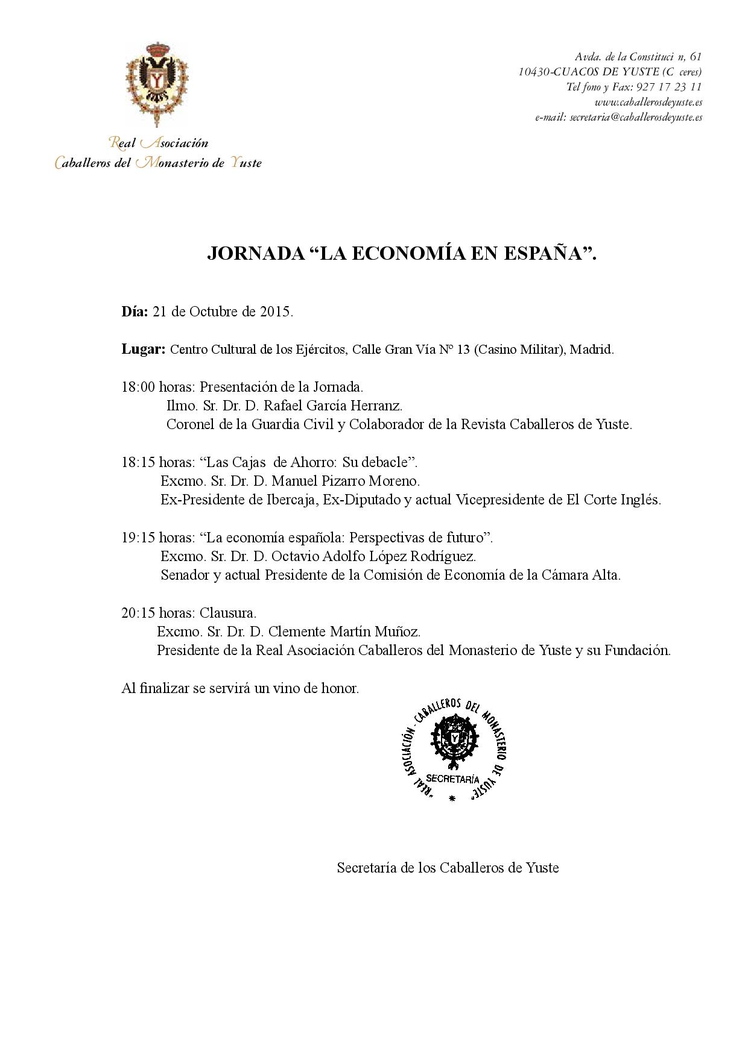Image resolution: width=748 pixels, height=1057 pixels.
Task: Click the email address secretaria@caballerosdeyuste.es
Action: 635,118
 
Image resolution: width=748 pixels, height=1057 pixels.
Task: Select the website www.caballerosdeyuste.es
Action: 648,102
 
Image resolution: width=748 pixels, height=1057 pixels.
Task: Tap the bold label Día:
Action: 135,312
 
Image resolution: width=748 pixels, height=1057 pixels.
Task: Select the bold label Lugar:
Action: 143,350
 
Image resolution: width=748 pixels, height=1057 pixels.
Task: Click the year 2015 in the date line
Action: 276,312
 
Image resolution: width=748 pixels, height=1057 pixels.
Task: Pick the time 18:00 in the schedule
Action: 138,387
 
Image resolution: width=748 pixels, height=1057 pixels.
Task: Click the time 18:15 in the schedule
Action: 138,462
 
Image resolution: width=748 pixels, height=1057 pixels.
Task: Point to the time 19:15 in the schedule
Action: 138,538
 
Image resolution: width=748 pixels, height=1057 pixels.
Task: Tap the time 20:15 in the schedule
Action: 138,613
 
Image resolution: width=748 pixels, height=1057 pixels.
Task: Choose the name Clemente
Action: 296,632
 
